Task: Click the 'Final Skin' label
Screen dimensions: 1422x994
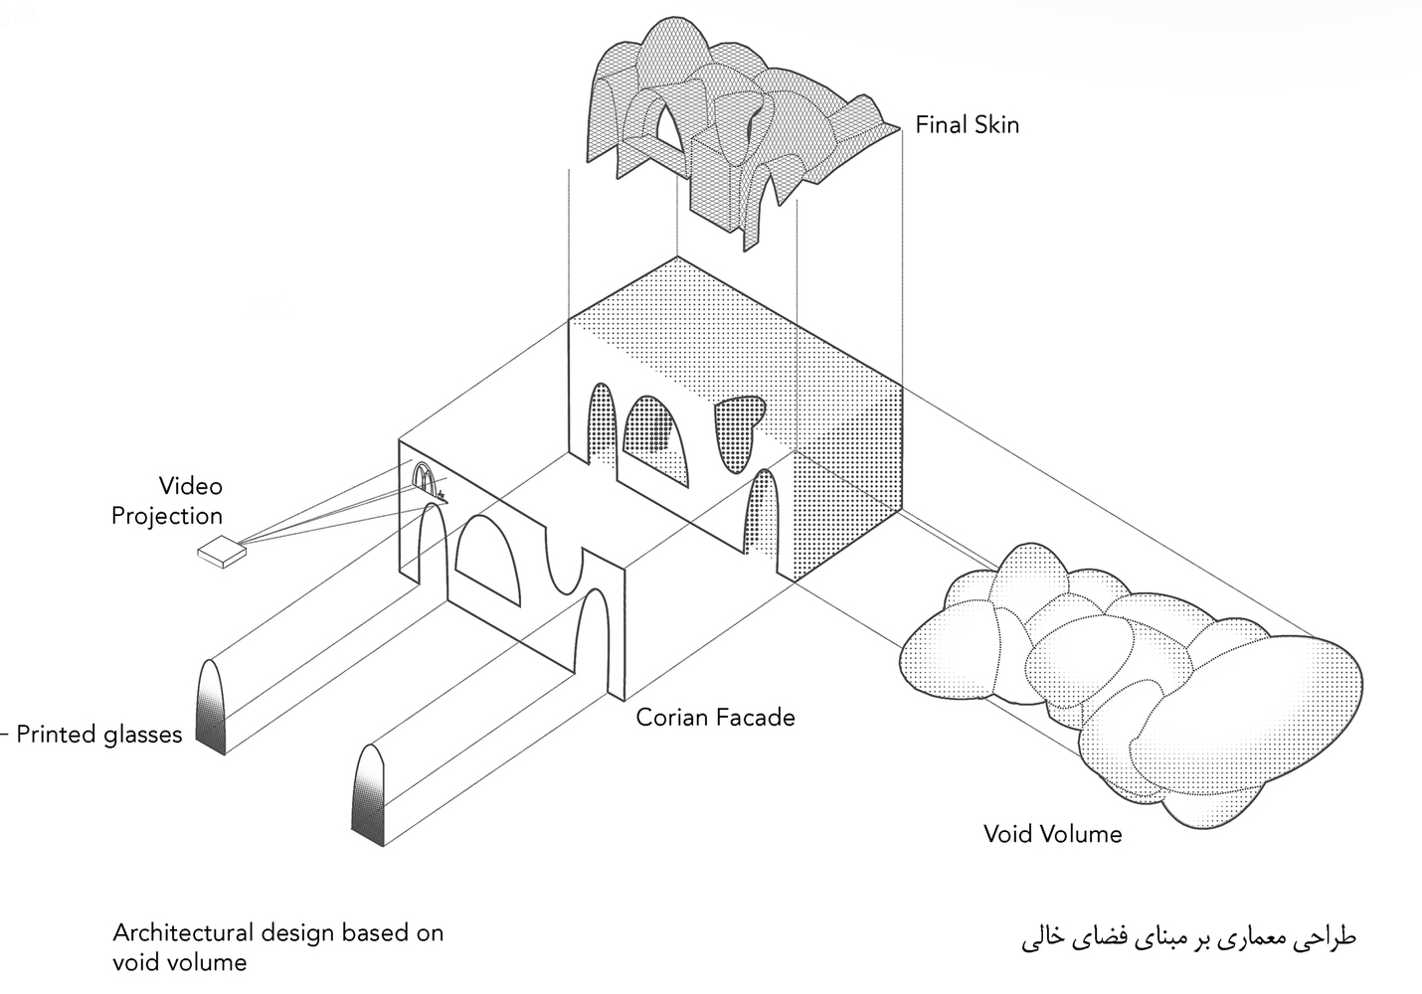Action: [967, 125]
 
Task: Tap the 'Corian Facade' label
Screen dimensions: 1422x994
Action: [715, 718]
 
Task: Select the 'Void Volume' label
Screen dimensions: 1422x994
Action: [1052, 833]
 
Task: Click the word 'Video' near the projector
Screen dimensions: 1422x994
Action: [191, 486]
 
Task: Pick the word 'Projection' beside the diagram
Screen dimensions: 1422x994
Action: [167, 516]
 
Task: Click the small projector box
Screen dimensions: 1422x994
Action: [222, 552]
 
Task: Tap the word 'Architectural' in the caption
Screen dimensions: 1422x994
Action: [183, 932]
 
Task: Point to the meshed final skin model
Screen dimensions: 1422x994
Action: [743, 127]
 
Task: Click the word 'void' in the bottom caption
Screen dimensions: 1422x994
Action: [137, 963]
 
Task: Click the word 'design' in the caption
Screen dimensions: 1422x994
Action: [297, 933]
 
